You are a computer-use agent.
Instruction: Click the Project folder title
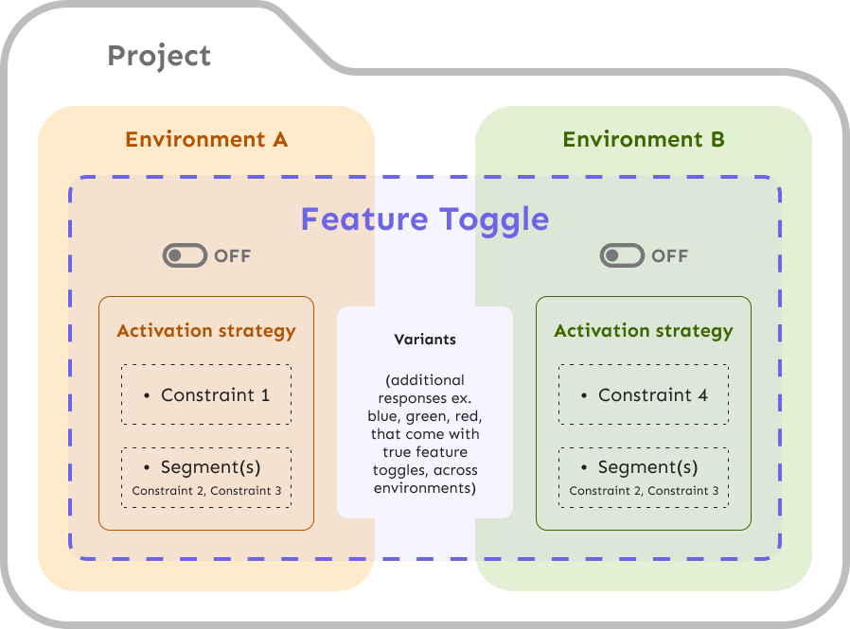click(159, 56)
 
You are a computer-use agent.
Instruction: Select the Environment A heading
click(206, 140)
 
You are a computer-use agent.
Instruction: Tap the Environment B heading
click(644, 140)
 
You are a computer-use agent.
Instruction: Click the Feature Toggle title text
click(425, 219)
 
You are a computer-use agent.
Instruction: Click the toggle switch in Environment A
click(185, 255)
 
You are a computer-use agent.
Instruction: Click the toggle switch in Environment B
click(622, 255)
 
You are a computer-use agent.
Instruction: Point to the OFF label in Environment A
click(233, 255)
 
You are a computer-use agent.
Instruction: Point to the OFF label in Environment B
click(670, 255)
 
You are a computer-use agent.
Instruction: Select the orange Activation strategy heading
click(206, 331)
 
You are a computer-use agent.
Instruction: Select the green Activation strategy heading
click(644, 331)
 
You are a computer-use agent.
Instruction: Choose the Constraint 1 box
click(206, 394)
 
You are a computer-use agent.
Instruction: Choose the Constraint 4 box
click(644, 394)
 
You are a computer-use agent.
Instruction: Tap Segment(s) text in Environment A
click(210, 467)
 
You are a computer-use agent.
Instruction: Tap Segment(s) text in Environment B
click(647, 467)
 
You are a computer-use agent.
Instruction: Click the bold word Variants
click(425, 339)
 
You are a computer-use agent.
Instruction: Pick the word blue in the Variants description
click(384, 416)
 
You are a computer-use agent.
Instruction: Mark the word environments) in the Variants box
click(425, 488)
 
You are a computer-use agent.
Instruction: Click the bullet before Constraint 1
click(147, 395)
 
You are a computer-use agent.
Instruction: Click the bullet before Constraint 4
click(584, 395)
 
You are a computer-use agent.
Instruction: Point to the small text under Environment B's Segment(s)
click(644, 491)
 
